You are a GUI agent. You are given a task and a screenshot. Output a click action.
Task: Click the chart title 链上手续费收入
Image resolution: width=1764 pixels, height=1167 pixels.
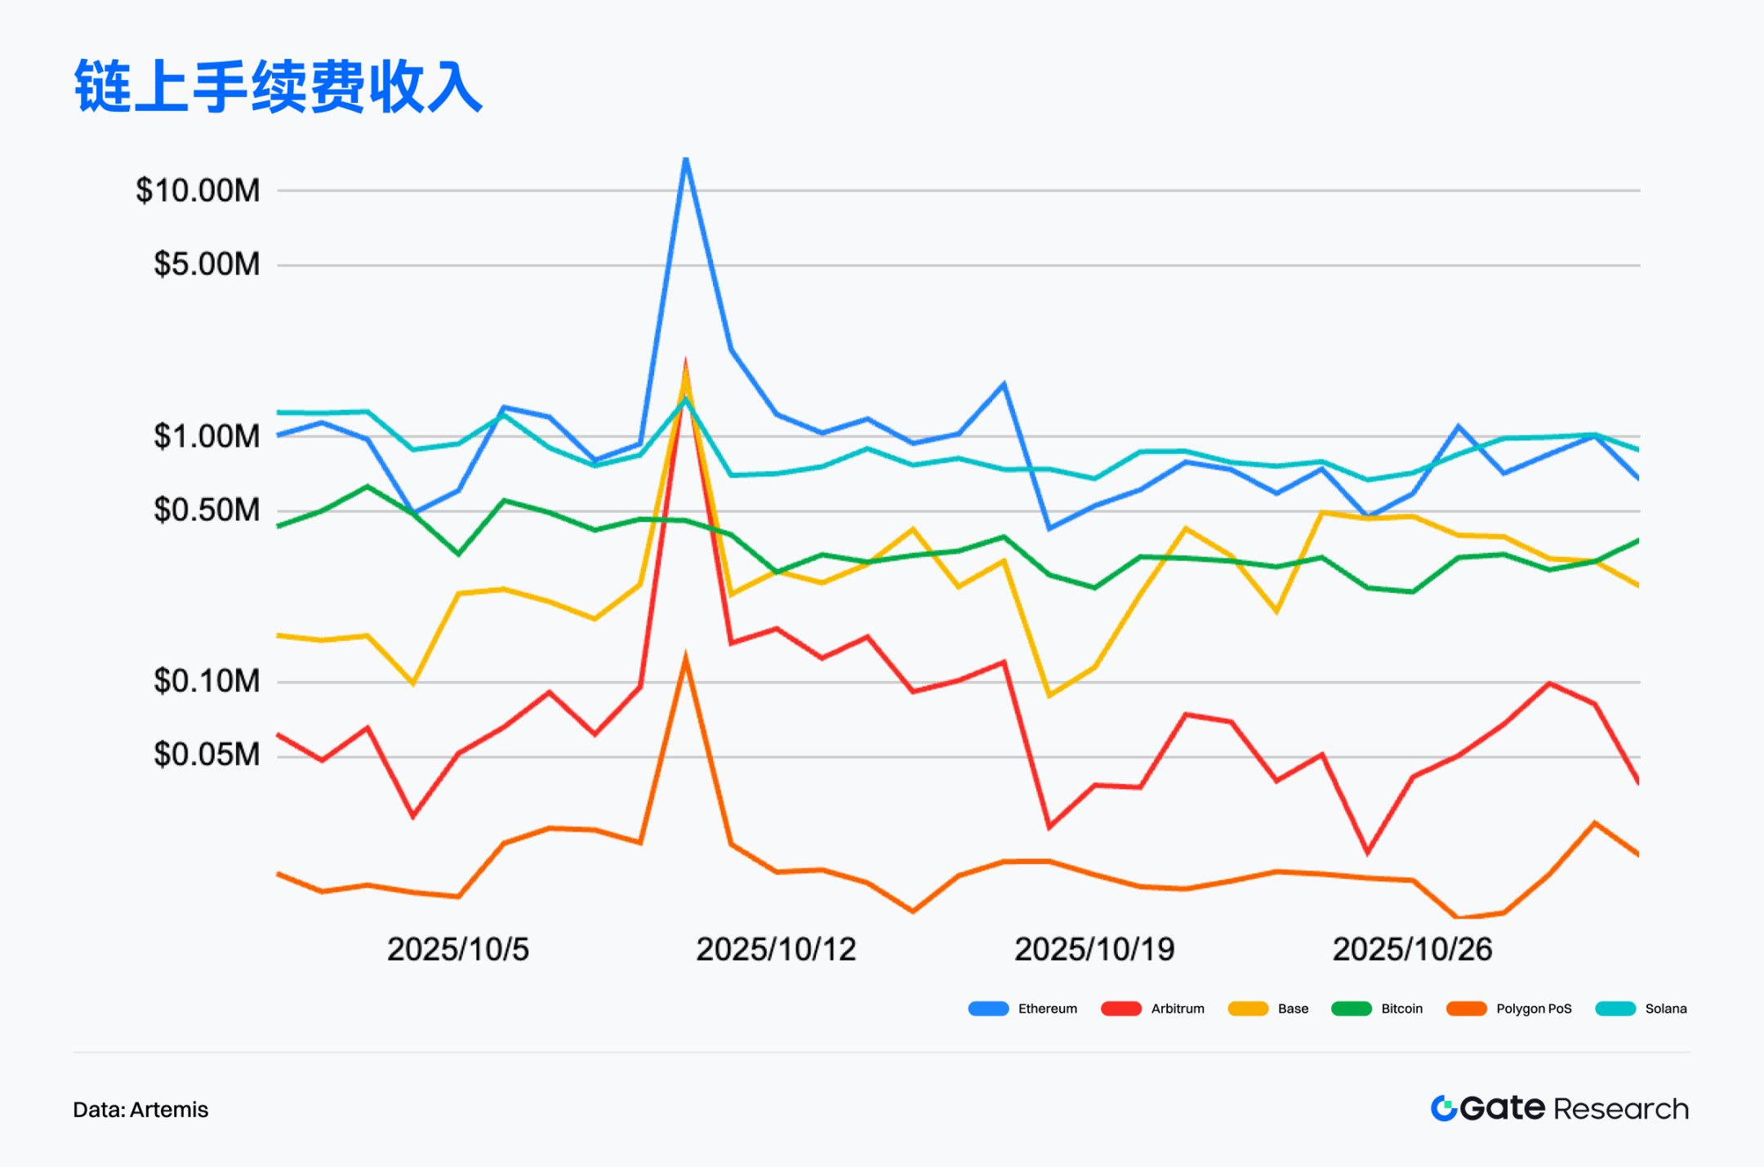(278, 87)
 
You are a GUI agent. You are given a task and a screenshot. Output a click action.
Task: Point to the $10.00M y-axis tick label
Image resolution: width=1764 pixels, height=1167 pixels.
(198, 190)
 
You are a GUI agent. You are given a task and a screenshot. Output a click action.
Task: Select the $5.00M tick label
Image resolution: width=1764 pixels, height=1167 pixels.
(207, 265)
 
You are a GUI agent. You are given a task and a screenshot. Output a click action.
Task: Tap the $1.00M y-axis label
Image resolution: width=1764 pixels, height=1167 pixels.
(207, 436)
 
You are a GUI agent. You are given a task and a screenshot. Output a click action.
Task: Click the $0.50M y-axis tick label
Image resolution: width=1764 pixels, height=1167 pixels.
(207, 510)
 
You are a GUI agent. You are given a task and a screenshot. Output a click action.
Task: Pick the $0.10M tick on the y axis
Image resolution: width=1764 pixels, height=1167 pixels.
(207, 680)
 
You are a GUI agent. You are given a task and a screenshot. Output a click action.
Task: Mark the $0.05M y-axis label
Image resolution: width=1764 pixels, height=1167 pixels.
(207, 755)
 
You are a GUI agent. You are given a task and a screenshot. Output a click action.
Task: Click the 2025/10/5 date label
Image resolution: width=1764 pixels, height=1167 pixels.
(457, 949)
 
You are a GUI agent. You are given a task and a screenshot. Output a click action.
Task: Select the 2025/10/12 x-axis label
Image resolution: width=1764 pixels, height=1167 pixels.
(776, 949)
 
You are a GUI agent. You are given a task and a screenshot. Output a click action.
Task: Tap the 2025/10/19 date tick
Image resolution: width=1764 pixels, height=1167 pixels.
(1094, 949)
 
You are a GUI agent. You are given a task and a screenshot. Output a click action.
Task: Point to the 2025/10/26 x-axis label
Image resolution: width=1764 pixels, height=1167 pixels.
(1412, 949)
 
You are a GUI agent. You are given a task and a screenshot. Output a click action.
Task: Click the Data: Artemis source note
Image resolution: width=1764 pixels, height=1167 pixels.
(140, 1110)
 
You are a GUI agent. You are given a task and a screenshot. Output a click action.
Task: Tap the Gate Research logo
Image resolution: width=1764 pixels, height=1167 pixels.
(1559, 1108)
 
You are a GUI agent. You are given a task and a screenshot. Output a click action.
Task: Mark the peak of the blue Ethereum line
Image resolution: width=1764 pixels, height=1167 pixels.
(686, 159)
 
